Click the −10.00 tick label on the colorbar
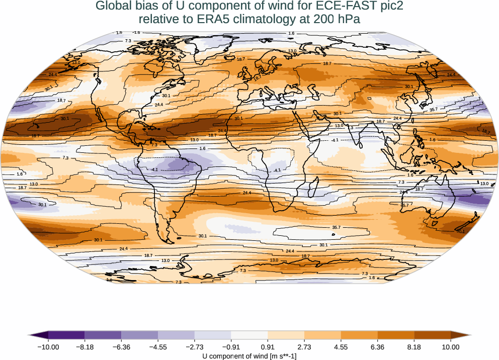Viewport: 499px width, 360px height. click(48, 347)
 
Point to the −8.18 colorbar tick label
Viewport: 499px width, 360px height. click(85, 347)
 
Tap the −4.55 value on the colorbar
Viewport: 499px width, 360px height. click(158, 347)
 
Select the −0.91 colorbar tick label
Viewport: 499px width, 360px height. click(231, 347)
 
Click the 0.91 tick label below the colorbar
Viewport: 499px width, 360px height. click(268, 347)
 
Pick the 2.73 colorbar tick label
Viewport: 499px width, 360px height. click(304, 347)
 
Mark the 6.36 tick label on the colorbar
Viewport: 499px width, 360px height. click(377, 347)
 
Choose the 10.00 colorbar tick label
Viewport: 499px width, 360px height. click(451, 347)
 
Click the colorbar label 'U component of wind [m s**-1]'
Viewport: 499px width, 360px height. click(249, 356)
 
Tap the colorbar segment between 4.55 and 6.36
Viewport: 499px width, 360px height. click(359, 335)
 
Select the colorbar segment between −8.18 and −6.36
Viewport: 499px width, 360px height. click(103, 335)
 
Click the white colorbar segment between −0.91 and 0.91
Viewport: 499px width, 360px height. click(249, 335)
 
